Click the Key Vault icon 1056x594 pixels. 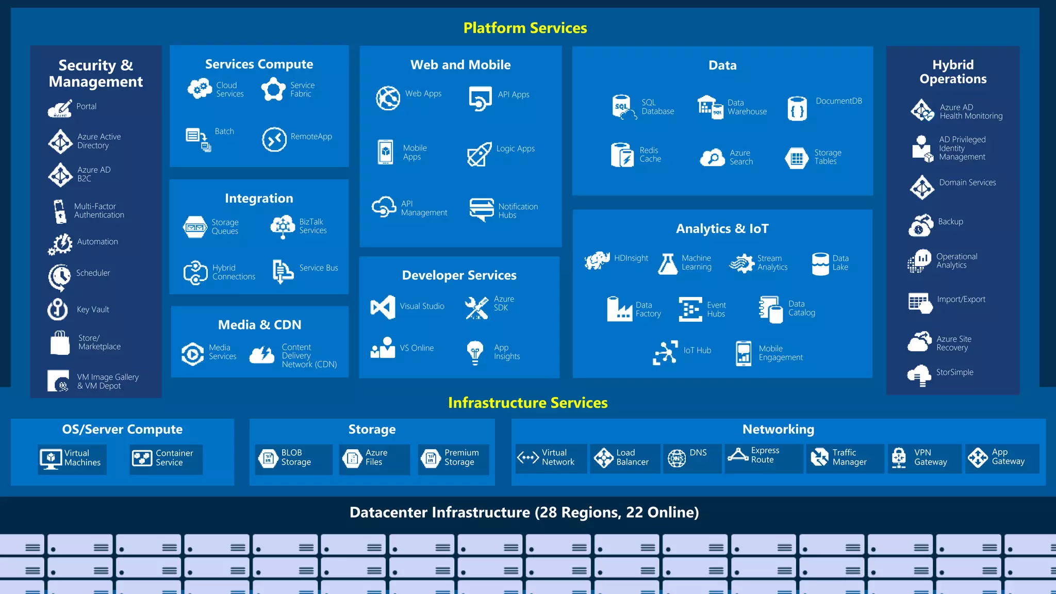tap(58, 309)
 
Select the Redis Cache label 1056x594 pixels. tap(650, 155)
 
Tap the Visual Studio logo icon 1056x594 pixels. tap(383, 307)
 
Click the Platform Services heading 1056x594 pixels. tap(525, 28)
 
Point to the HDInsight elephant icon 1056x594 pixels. tap(597, 260)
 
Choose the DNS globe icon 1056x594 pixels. tap(676, 458)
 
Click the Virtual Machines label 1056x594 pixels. tap(82, 458)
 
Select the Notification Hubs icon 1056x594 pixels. tap(482, 209)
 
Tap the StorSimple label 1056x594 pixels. tap(954, 372)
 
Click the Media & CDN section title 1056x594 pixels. tap(259, 325)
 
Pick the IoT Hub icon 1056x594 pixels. tap(665, 353)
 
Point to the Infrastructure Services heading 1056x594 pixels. tap(527, 403)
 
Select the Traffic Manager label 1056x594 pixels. tap(849, 457)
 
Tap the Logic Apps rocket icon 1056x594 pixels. tap(479, 154)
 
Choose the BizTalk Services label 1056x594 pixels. tap(312, 226)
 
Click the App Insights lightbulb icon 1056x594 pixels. tap(475, 352)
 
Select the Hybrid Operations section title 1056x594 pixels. tap(953, 72)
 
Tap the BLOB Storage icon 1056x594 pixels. tap(268, 458)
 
